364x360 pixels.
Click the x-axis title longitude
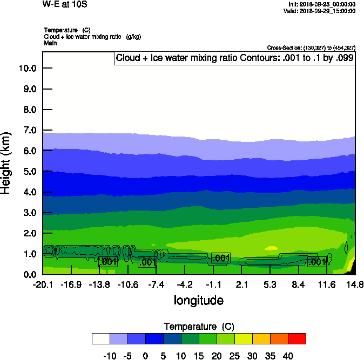[x=198, y=300]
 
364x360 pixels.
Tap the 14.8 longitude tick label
[x=355, y=284]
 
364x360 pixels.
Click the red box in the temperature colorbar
[x=296, y=338]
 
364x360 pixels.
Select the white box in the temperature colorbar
[x=101, y=338]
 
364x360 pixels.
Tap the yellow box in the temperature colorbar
[x=243, y=338]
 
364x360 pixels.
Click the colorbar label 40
[x=288, y=356]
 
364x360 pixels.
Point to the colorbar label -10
[x=110, y=356]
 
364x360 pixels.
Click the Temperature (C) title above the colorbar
[x=198, y=327]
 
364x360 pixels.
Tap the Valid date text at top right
[x=321, y=11]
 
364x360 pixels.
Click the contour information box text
[x=235, y=58]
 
